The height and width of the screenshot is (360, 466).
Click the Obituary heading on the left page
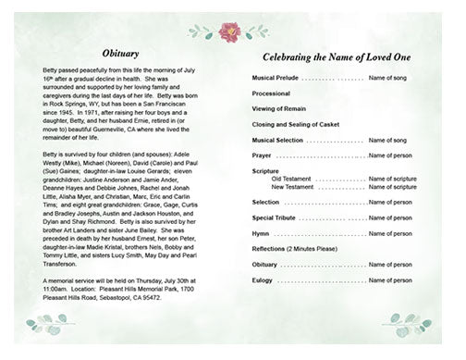pos(121,55)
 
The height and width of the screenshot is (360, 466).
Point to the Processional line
pos(271,94)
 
